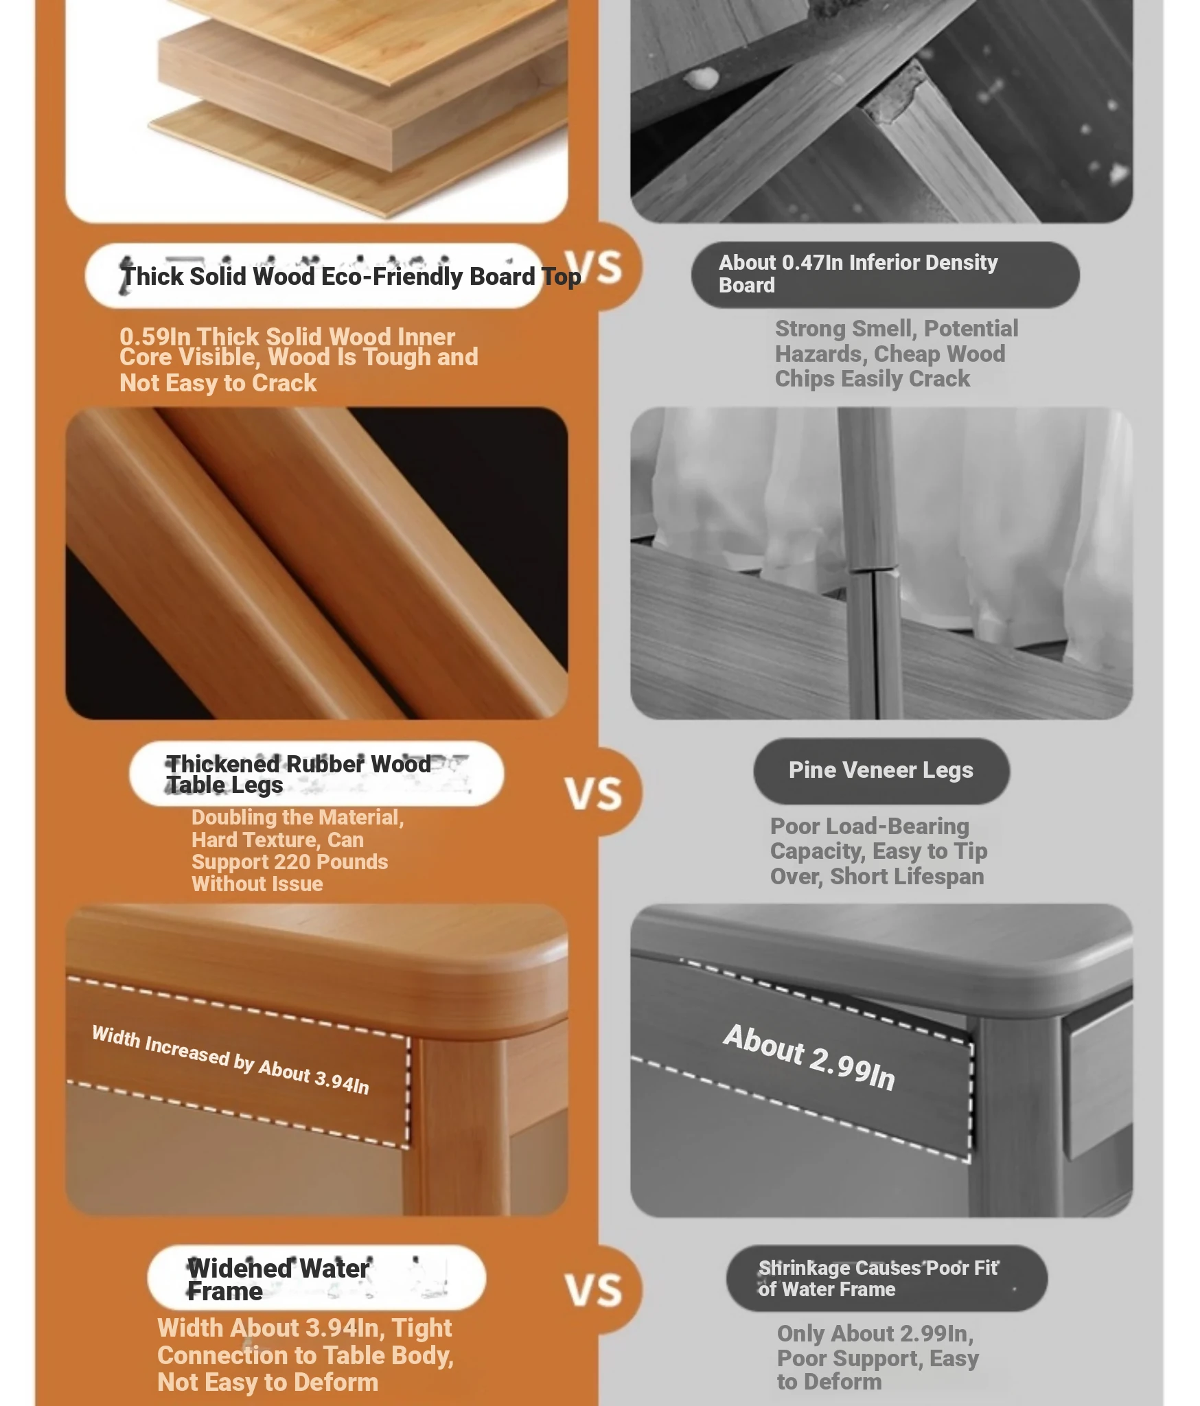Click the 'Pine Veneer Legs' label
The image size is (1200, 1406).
(881, 770)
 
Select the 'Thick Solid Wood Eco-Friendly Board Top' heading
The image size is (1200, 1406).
(351, 277)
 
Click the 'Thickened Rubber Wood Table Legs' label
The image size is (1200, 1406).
(299, 774)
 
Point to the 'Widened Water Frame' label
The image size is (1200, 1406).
(278, 1280)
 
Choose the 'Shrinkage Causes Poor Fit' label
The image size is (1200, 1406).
(879, 1268)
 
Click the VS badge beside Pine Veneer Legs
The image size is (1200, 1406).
(594, 794)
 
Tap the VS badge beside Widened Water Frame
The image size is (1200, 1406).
(594, 1291)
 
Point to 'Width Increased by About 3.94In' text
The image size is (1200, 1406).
(231, 1060)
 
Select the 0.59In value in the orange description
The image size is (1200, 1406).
(155, 337)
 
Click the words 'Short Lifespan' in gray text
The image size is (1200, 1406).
(907, 877)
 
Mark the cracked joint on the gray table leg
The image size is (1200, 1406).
(873, 570)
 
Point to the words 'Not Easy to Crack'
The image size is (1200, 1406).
(218, 383)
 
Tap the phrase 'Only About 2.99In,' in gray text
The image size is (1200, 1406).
(875, 1334)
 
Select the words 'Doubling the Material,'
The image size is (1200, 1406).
(298, 818)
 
